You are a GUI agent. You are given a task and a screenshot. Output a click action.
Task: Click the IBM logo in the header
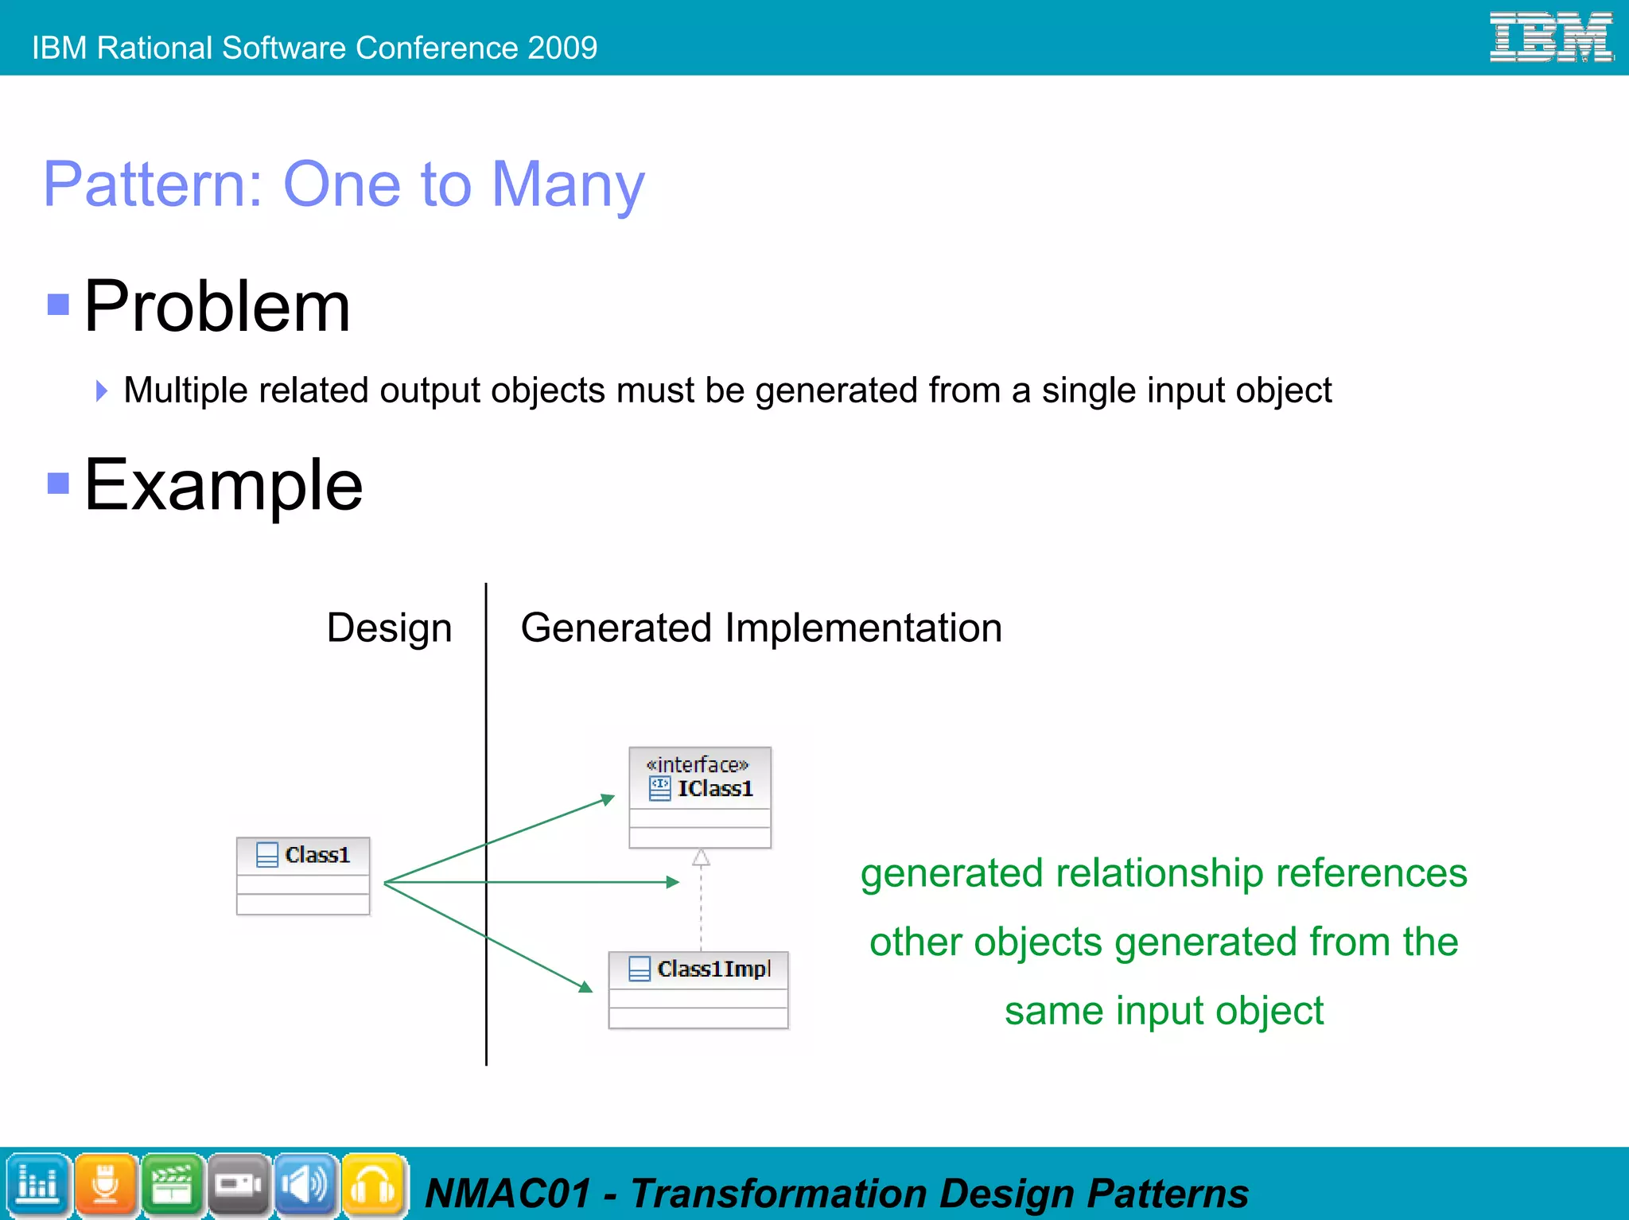click(x=1550, y=37)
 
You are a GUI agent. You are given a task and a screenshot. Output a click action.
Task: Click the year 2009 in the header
click(x=562, y=49)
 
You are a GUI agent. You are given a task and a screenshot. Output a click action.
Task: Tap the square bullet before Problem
click(x=58, y=305)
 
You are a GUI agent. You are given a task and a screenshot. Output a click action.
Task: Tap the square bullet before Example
click(x=58, y=483)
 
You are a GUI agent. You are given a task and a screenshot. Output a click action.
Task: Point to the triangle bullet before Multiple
click(x=101, y=390)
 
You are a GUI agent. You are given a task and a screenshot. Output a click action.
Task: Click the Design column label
click(x=389, y=628)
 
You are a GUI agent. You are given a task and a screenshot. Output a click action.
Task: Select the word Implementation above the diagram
click(x=863, y=628)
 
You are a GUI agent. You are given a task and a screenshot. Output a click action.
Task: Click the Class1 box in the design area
click(x=303, y=876)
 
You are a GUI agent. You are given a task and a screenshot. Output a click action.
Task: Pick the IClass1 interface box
click(x=700, y=797)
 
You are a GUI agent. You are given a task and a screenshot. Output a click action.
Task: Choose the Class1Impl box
click(x=698, y=989)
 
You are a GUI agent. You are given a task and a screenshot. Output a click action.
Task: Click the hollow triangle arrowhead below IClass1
click(x=701, y=857)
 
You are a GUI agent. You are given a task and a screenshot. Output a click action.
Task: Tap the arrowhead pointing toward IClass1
click(x=608, y=798)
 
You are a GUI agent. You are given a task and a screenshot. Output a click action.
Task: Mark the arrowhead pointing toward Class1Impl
click(x=585, y=987)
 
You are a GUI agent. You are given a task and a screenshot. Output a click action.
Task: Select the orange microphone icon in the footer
click(x=106, y=1185)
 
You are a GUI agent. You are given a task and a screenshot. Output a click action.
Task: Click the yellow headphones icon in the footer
click(x=373, y=1185)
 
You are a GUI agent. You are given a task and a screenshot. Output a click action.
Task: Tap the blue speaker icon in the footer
click(x=306, y=1185)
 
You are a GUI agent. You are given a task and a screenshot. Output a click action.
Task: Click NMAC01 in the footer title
click(x=509, y=1194)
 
